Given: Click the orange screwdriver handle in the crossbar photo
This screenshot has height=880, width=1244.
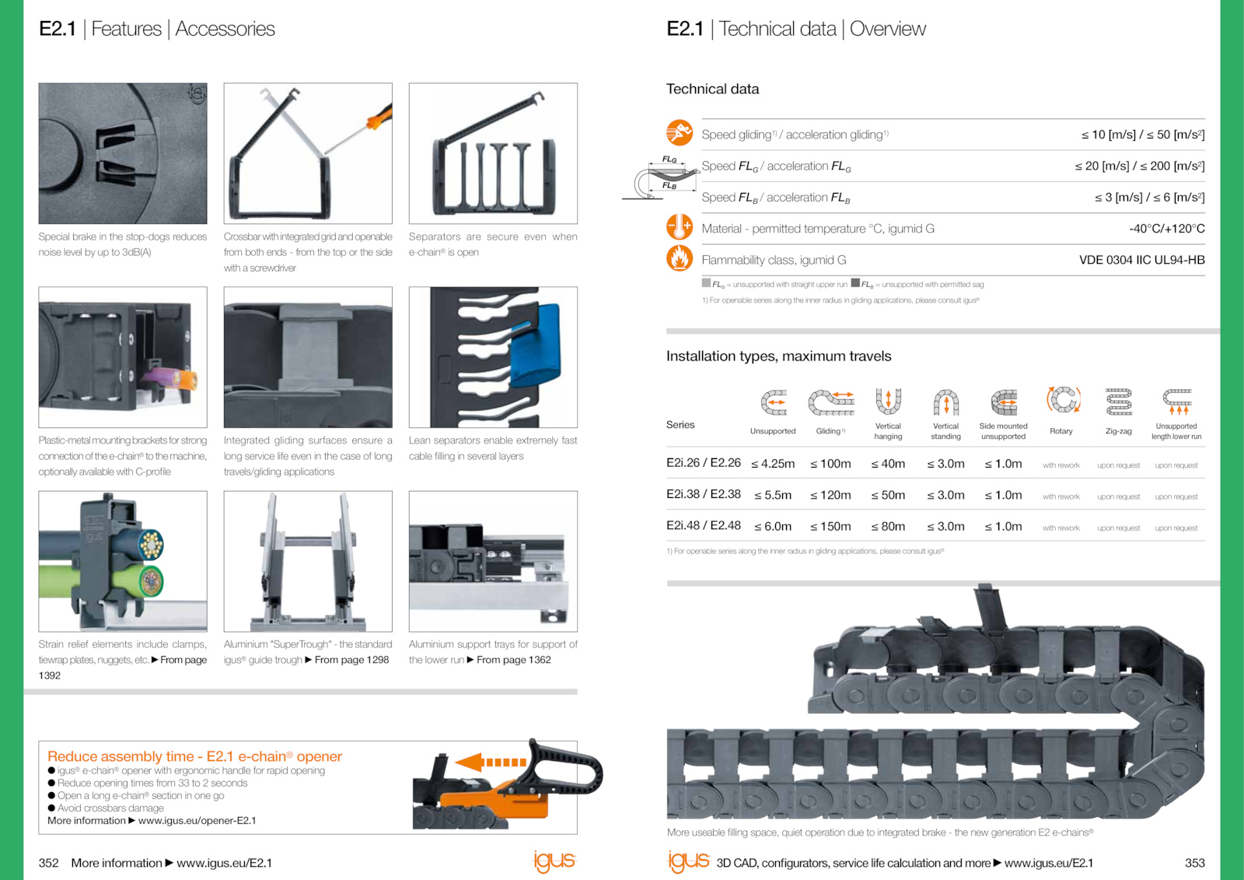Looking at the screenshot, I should pyautogui.click(x=379, y=118).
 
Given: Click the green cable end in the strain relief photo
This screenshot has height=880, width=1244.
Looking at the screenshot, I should pyautogui.click(x=148, y=580).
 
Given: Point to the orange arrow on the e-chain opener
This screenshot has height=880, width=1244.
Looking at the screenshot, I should pyautogui.click(x=491, y=762).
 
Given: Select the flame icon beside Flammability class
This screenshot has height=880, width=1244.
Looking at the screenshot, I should pyautogui.click(x=680, y=258).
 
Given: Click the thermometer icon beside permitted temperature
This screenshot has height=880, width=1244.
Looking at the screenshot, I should pyautogui.click(x=680, y=227).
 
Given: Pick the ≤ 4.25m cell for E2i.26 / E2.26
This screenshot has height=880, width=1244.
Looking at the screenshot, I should pyautogui.click(x=773, y=464).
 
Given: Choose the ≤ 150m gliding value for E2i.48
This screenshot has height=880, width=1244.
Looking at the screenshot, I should pyautogui.click(x=830, y=527).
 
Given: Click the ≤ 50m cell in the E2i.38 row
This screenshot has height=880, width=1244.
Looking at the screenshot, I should pyautogui.click(x=888, y=495).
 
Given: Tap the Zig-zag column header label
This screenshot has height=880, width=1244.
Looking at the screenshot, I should pyautogui.click(x=1118, y=431).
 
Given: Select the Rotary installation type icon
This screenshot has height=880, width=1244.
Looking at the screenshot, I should pyautogui.click(x=1063, y=401).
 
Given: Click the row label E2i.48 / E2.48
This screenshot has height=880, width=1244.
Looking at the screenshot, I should pyautogui.click(x=703, y=525).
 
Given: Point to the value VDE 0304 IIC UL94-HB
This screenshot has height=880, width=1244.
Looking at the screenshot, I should pyautogui.click(x=1141, y=260).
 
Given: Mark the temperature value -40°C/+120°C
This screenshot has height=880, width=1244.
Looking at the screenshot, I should pyautogui.click(x=1166, y=229).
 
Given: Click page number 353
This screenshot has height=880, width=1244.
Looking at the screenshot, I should pyautogui.click(x=1194, y=863).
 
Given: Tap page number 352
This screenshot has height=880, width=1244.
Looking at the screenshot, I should pyautogui.click(x=48, y=863).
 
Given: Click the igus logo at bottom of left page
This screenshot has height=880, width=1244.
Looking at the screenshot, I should pyautogui.click(x=554, y=861).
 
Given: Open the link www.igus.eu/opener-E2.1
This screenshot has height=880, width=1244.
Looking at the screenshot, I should pyautogui.click(x=197, y=821).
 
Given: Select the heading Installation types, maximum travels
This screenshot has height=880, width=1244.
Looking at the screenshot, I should pyautogui.click(x=778, y=356).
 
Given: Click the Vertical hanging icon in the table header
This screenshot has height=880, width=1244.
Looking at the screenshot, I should pyautogui.click(x=888, y=401).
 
